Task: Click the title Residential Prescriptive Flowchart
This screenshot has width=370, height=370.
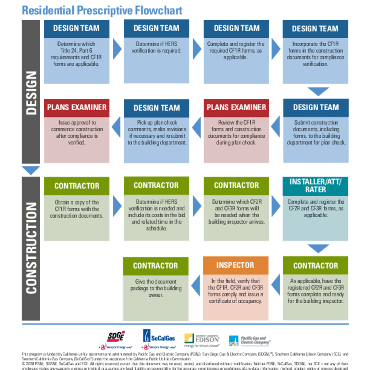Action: (x=102, y=10)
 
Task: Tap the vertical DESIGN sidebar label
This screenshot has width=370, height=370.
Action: (x=31, y=92)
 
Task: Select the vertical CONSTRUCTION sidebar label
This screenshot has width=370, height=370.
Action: (x=31, y=248)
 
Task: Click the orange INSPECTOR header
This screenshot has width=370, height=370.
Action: (x=235, y=265)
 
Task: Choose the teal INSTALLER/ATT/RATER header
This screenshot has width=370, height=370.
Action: (x=315, y=186)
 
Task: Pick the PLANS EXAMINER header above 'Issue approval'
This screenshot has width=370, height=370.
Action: (x=77, y=107)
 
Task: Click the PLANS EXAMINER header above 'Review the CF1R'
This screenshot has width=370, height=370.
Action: (x=236, y=107)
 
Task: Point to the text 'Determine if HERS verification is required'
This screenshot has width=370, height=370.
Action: (x=156, y=47)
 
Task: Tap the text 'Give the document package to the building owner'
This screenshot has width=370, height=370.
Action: (x=156, y=288)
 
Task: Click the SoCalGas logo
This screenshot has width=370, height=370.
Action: (x=159, y=336)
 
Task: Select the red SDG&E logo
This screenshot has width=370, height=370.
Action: (x=115, y=337)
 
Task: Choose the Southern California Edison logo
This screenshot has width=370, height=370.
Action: (x=201, y=339)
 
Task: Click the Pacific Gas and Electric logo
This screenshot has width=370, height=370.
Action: (x=249, y=340)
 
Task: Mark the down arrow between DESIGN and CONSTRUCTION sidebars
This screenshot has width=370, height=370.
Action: (x=31, y=170)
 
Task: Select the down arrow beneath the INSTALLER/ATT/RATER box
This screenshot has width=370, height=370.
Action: (x=318, y=248)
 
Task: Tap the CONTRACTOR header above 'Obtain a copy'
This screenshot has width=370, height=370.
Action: (x=77, y=186)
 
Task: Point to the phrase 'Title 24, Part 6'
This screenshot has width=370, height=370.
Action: (x=77, y=50)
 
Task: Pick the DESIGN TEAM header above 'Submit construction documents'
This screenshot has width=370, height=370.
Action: (x=316, y=107)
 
